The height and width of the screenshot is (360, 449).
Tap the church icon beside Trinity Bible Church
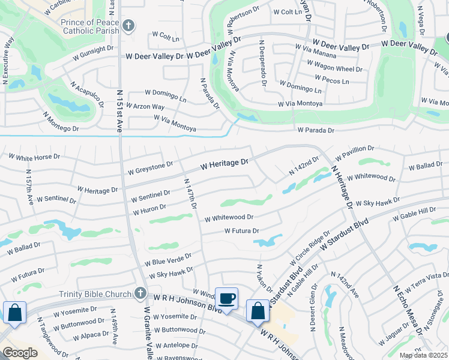click(140, 293)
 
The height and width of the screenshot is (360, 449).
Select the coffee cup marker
click(227, 299)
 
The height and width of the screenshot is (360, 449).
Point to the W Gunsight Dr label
click(94, 49)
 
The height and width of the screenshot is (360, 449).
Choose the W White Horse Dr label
click(35, 157)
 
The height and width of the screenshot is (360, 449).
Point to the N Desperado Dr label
click(262, 63)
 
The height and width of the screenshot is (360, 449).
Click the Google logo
click(20, 353)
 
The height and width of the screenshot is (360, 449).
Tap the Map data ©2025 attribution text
click(423, 355)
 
